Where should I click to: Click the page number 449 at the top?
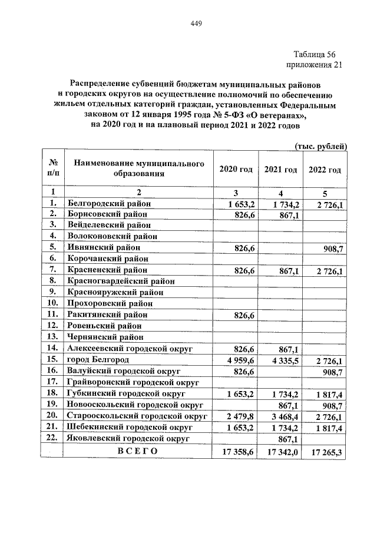pos(197,24)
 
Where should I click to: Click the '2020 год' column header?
pos(236,169)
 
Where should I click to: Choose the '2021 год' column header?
pos(280,169)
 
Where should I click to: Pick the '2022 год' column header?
pos(325,170)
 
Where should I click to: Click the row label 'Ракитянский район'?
pos(107,315)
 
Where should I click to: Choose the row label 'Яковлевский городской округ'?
pos(129,438)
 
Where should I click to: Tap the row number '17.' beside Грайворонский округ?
pos(53,382)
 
